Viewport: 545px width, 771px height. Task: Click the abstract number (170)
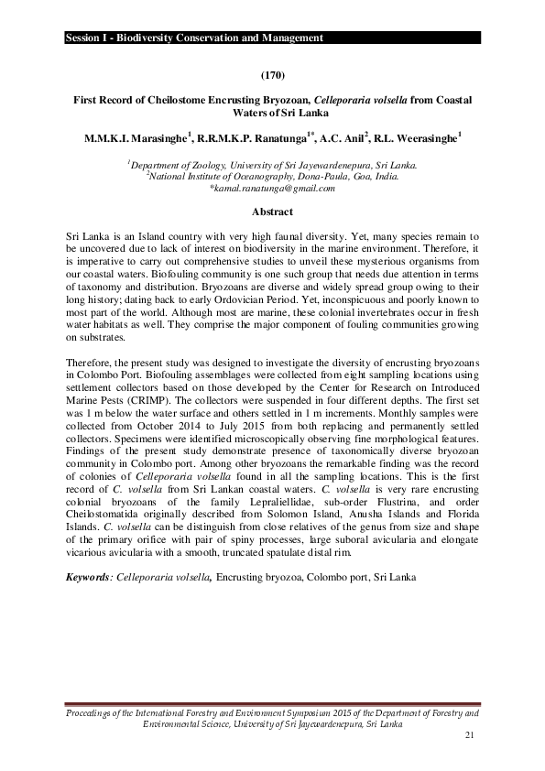pyautogui.click(x=272, y=72)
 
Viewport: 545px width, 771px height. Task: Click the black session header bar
pyautogui.click(x=272, y=38)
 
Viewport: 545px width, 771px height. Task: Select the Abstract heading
pyautogui.click(x=272, y=211)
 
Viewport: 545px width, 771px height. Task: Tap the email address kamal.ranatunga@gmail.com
pyautogui.click(x=272, y=188)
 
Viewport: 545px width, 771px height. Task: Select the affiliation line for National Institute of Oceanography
pyautogui.click(x=272, y=177)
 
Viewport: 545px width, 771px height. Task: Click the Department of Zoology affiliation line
pyautogui.click(x=272, y=166)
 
